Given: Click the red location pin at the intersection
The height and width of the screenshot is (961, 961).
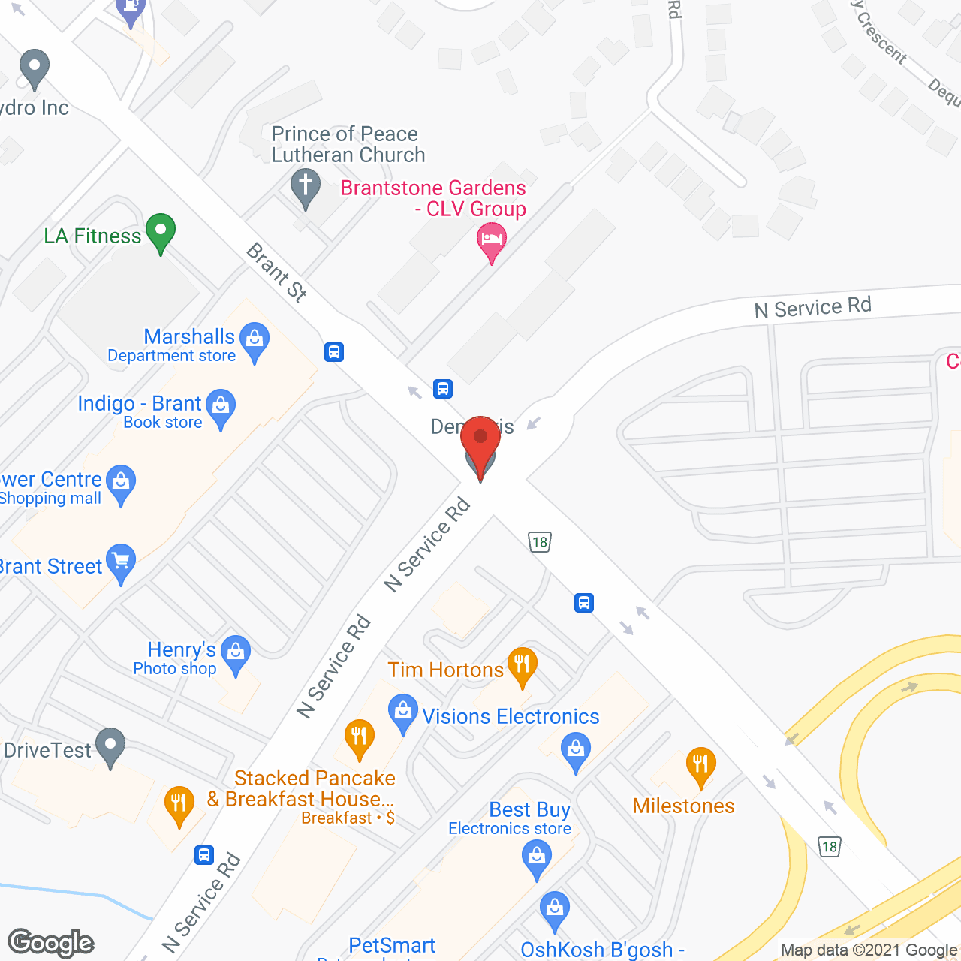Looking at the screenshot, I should click(480, 440).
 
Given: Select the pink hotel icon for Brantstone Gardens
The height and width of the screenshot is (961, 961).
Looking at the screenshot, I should click(492, 242).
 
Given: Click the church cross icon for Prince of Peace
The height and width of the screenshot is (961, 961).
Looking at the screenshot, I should click(306, 185).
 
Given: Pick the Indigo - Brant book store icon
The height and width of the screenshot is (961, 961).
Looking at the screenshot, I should click(221, 407).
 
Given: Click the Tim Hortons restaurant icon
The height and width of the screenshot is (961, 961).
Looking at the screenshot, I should click(522, 664).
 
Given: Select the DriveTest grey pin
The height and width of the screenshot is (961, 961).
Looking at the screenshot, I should click(111, 746).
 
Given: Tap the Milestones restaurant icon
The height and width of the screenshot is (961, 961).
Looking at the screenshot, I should click(700, 765).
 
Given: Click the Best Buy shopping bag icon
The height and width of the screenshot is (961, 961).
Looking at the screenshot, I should click(536, 857).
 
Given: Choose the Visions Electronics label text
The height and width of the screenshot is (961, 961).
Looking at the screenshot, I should click(511, 716).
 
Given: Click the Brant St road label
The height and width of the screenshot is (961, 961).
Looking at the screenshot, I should click(277, 272).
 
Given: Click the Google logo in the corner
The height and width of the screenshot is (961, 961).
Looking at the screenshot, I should click(51, 943).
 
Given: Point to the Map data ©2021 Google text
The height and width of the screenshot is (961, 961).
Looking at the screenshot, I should click(869, 950).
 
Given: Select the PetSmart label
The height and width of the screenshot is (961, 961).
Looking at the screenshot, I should click(392, 945).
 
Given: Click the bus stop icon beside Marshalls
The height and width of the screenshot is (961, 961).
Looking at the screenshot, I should click(334, 351).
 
